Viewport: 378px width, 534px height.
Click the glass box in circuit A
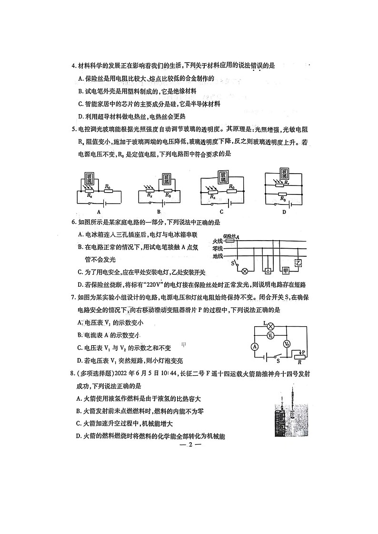(89, 179)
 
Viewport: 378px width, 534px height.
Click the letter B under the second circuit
(159, 212)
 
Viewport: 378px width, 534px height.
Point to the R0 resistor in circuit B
(167, 194)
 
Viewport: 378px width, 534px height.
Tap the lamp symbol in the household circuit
(245, 271)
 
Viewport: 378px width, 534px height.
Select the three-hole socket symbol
(268, 271)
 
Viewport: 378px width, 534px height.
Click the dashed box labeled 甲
(286, 271)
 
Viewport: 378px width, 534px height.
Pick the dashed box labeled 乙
(299, 263)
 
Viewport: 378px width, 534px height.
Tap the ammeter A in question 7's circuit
(255, 346)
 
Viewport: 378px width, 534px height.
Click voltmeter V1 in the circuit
(270, 336)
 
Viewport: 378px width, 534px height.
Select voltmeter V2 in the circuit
(287, 343)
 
